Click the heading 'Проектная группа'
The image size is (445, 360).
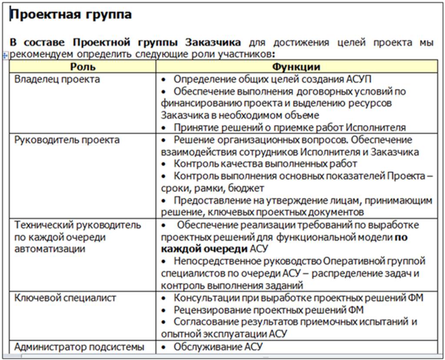coord(70,15)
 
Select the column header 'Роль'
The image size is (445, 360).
coord(83,67)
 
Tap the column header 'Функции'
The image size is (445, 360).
coord(296,67)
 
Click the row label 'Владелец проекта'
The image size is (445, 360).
coord(57,79)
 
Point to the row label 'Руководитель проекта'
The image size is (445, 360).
coord(67,140)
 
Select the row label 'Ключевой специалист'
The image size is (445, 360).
coord(65,298)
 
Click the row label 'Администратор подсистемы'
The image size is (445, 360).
coord(79,347)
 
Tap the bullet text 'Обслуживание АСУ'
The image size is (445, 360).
coord(218,347)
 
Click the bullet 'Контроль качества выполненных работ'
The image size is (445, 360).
coord(265,164)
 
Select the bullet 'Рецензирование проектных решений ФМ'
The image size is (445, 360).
coord(269,310)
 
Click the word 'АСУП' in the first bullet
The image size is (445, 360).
coord(359,79)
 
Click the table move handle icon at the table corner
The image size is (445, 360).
coord(5,56)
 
